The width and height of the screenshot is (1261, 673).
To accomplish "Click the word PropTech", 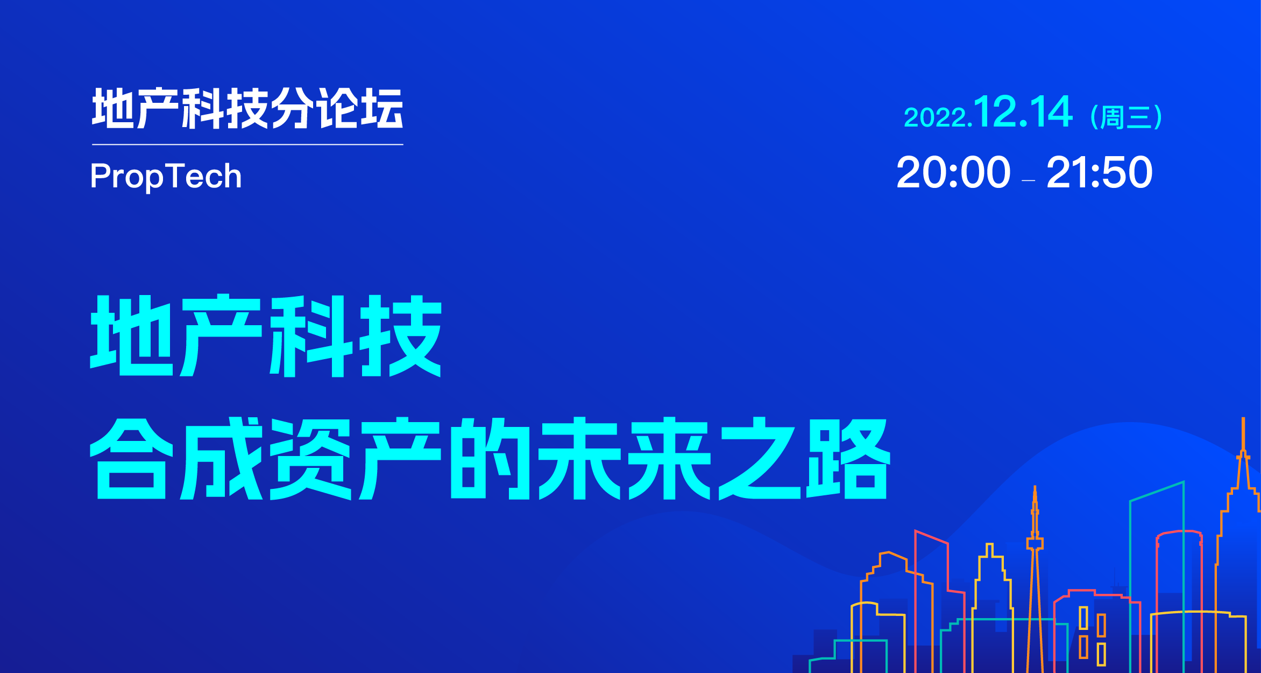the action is coord(166,177).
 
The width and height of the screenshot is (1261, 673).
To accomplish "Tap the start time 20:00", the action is coord(953,172).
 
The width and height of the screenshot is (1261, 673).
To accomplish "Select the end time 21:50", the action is coord(1099,172).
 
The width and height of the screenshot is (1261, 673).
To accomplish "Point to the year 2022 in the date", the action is coord(936,118).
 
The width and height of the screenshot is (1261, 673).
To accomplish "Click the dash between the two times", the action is coord(1028,181).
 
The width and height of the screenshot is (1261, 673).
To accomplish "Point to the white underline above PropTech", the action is coord(247,144).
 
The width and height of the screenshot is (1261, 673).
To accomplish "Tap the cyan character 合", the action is coord(131,458).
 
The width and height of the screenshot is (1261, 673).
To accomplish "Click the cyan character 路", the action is coord(848,458).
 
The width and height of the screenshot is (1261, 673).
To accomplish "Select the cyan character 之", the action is coord(760,458).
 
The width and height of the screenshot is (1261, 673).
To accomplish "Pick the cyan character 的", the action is coord(490,458).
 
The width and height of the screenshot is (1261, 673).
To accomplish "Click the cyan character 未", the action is coord(580,458).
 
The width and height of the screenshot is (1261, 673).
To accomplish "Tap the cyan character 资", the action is coord(311,458).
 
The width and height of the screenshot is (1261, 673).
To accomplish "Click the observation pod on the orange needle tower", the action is coord(1035,543).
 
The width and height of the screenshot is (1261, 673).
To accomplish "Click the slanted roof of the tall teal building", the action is coord(1157,491).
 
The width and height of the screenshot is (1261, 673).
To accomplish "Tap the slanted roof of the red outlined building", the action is coord(931,537).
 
